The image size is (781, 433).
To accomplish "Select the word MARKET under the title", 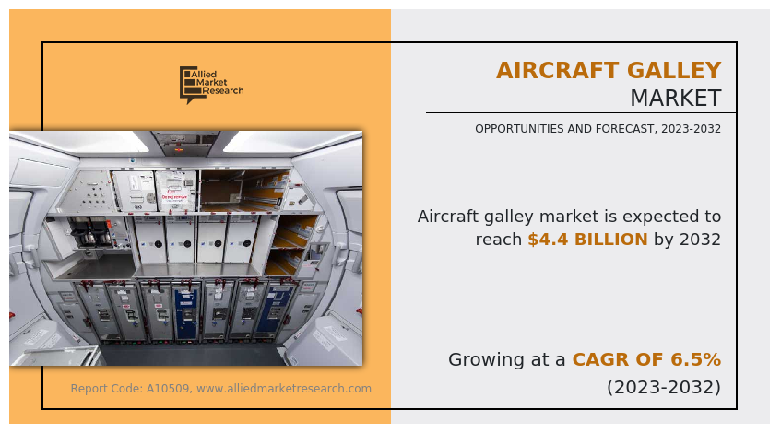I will (x=675, y=99).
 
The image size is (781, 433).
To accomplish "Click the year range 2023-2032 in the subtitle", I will (x=691, y=129).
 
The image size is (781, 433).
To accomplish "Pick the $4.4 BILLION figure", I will (x=587, y=240).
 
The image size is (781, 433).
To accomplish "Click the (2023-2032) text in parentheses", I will (x=663, y=387).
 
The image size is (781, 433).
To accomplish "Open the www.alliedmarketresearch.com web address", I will (x=284, y=389).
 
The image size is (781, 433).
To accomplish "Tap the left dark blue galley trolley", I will (x=187, y=311).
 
